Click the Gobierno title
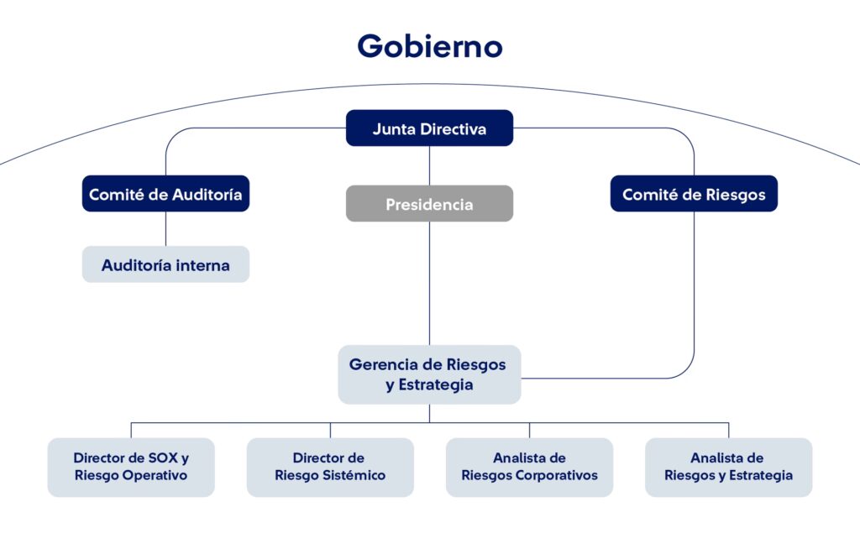pos(429,45)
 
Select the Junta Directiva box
pos(429,128)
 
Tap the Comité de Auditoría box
pos(165,194)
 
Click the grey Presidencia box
pos(429,204)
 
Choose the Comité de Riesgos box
pos(694,194)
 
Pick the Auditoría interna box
pos(165,265)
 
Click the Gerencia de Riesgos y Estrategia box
pos(429,374)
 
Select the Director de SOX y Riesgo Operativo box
pos(131,467)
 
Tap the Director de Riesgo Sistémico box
pos(330,467)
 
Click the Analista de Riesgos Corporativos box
pos(529,467)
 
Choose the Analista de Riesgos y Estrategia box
pos(728,467)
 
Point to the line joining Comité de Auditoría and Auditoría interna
pos(165,228)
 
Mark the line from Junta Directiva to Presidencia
pos(429,165)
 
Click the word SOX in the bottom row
pos(162,458)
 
